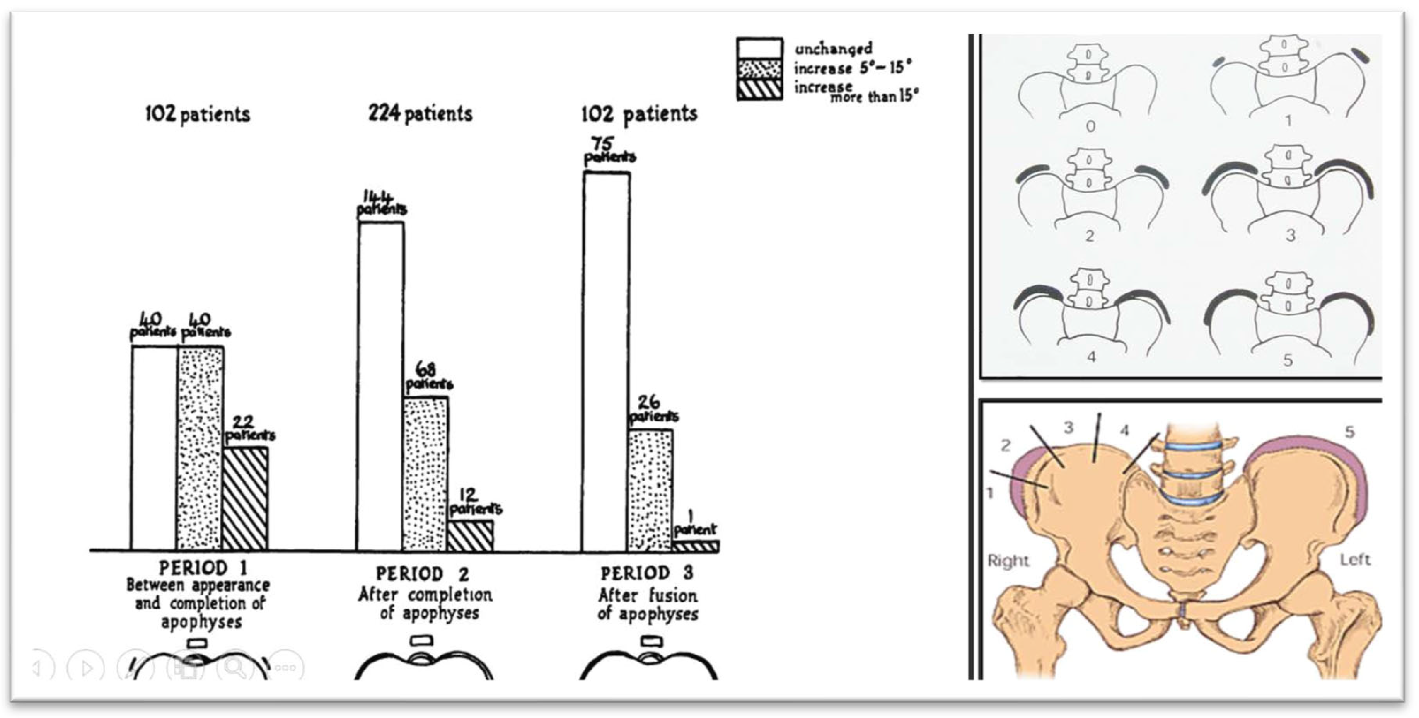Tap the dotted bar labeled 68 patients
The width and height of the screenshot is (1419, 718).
(x=425, y=474)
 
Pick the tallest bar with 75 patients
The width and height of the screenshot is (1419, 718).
(x=606, y=361)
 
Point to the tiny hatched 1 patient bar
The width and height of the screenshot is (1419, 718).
(x=695, y=546)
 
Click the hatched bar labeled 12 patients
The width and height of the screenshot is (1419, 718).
(x=470, y=536)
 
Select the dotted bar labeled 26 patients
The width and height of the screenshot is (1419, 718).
(x=650, y=491)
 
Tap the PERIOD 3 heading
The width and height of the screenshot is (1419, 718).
(x=647, y=573)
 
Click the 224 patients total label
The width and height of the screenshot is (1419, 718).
(x=420, y=114)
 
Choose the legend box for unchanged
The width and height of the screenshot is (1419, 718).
(x=759, y=48)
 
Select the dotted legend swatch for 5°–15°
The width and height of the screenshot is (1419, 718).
(x=759, y=69)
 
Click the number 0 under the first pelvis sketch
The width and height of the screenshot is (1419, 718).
(x=1090, y=126)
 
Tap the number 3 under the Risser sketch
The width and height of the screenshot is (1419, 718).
(x=1290, y=236)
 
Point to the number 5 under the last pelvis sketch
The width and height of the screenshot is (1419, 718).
(x=1288, y=360)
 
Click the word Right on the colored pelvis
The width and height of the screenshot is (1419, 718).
(x=1008, y=561)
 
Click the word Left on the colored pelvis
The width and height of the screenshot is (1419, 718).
(x=1354, y=560)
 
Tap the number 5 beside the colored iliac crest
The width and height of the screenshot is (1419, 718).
(x=1349, y=431)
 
